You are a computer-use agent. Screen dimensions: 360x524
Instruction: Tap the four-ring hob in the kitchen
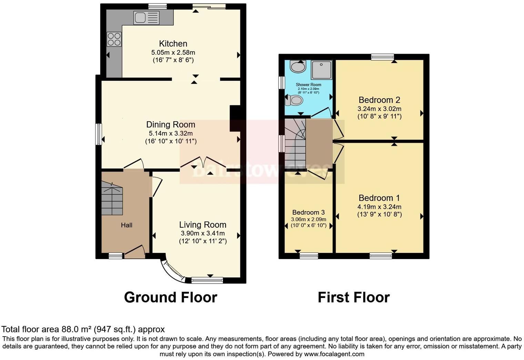[114, 39]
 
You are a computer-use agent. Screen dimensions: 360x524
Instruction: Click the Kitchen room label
[173, 44]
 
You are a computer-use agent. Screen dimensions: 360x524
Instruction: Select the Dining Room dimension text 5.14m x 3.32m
[171, 133]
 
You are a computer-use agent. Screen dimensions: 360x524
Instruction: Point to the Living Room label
[203, 225]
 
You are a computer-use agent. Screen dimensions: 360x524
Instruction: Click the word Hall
[127, 225]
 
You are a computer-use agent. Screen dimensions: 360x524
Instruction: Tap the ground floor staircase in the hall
[112, 200]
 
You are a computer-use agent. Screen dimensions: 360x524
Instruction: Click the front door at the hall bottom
[134, 253]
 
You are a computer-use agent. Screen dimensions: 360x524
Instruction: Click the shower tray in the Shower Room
[321, 70]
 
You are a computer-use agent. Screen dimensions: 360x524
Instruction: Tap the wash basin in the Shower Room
[298, 66]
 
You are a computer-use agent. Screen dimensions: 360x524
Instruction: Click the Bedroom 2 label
[379, 100]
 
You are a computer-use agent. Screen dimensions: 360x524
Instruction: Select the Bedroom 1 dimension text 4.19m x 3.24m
[379, 207]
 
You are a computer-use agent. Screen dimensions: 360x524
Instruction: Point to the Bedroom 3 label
[308, 212]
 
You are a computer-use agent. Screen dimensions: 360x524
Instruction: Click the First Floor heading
[353, 297]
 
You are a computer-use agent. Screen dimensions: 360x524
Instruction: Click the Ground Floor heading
[170, 297]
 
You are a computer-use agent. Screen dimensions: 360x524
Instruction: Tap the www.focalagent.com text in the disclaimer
[334, 354]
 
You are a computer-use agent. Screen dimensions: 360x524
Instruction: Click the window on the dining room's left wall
[99, 134]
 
